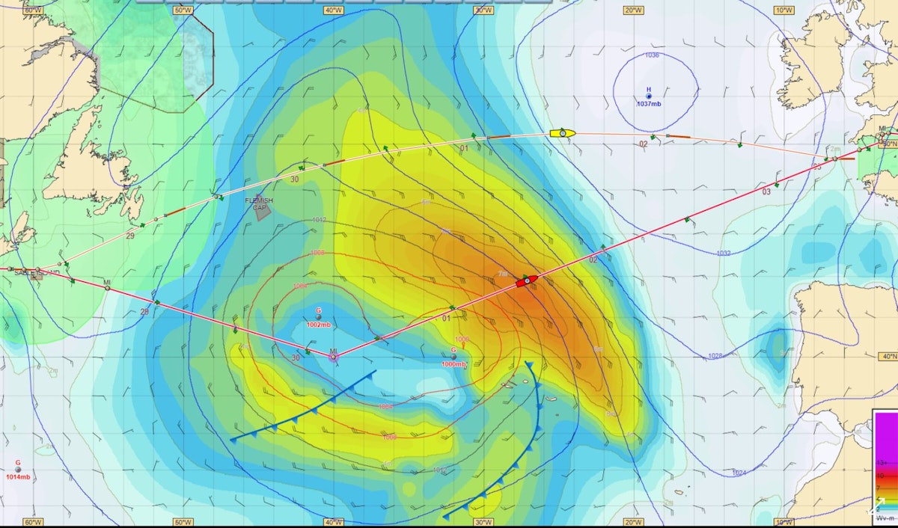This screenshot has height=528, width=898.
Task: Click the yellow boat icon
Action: tap(563, 133)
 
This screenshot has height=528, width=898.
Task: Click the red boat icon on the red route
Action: tap(527, 280)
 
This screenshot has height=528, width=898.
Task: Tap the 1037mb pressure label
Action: tap(649, 104)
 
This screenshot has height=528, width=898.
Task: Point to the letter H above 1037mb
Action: tap(649, 89)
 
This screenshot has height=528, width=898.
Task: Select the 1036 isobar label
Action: tap(652, 55)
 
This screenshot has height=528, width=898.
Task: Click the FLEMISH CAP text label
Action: tap(260, 204)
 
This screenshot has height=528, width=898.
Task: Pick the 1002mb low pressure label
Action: tap(319, 325)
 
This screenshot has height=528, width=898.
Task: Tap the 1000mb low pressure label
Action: tap(453, 364)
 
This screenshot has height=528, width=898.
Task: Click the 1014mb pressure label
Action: tap(18, 477)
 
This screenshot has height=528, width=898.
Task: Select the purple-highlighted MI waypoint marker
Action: tap(333, 357)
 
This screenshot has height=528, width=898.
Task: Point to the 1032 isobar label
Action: tap(723, 254)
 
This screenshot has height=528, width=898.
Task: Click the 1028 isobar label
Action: tap(715, 356)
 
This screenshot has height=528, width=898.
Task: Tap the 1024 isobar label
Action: tap(739, 473)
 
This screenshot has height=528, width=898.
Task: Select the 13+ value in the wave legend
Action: tap(881, 464)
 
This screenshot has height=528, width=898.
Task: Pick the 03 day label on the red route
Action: tap(766, 192)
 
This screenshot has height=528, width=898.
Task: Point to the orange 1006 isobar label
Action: tap(462, 339)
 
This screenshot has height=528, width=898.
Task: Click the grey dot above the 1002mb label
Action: tap(319, 317)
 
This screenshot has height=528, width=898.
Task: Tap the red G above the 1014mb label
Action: tap(18, 463)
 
